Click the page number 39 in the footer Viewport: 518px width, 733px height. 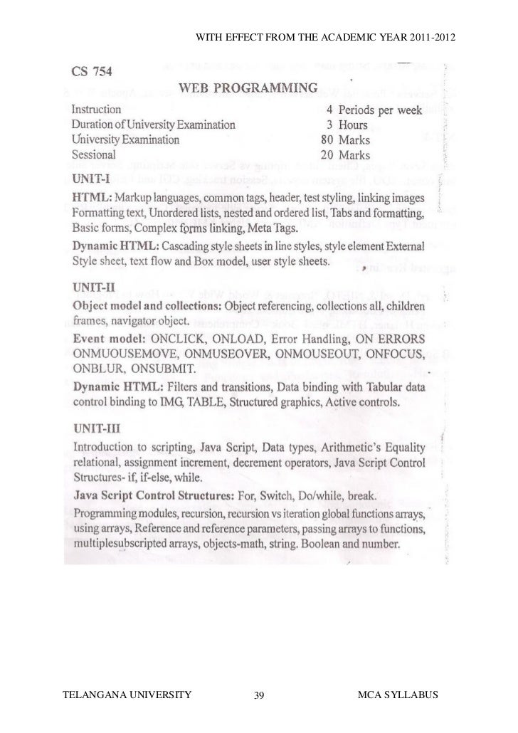[x=259, y=694]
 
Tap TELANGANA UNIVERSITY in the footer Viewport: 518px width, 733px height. [x=129, y=693]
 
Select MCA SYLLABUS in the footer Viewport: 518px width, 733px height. [x=401, y=693]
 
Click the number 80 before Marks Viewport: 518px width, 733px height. [x=327, y=139]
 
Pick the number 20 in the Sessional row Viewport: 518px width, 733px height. [x=327, y=154]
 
